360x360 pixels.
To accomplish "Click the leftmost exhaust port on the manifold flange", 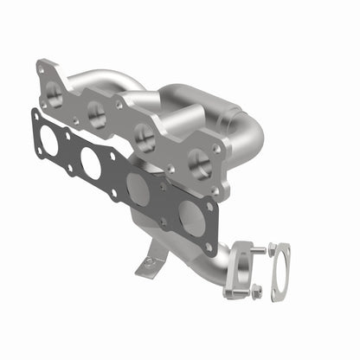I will tap(54, 89).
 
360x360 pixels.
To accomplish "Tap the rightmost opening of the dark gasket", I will tap(192, 215).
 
